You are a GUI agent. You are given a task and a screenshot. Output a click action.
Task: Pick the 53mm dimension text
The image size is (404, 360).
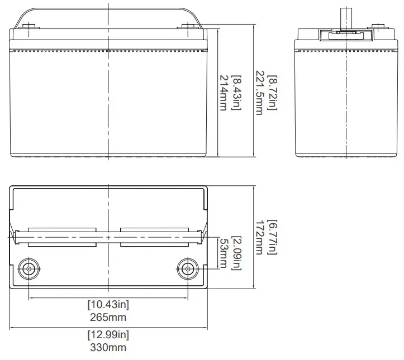point(223,253)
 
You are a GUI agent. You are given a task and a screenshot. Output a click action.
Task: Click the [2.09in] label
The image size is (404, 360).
point(236,253)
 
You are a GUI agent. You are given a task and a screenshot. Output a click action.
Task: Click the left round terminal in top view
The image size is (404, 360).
point(28,269)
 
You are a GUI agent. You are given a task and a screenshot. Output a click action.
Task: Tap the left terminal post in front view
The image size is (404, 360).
point(29,25)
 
